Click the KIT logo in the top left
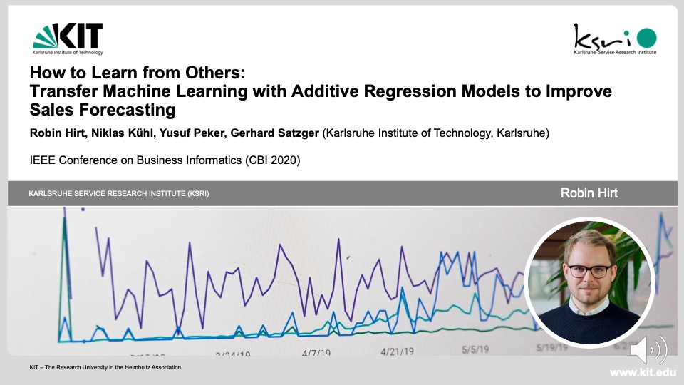click(68, 38)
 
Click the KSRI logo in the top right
click(615, 38)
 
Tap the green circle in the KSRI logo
click(646, 37)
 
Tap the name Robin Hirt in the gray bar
click(589, 193)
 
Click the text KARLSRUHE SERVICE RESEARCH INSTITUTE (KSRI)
click(119, 194)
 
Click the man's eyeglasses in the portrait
click(589, 271)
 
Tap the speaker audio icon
click(648, 350)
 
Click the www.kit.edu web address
click(643, 373)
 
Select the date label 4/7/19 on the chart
click(316, 353)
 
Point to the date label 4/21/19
click(397, 351)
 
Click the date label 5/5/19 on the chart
click(475, 349)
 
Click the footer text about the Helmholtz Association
click(105, 367)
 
